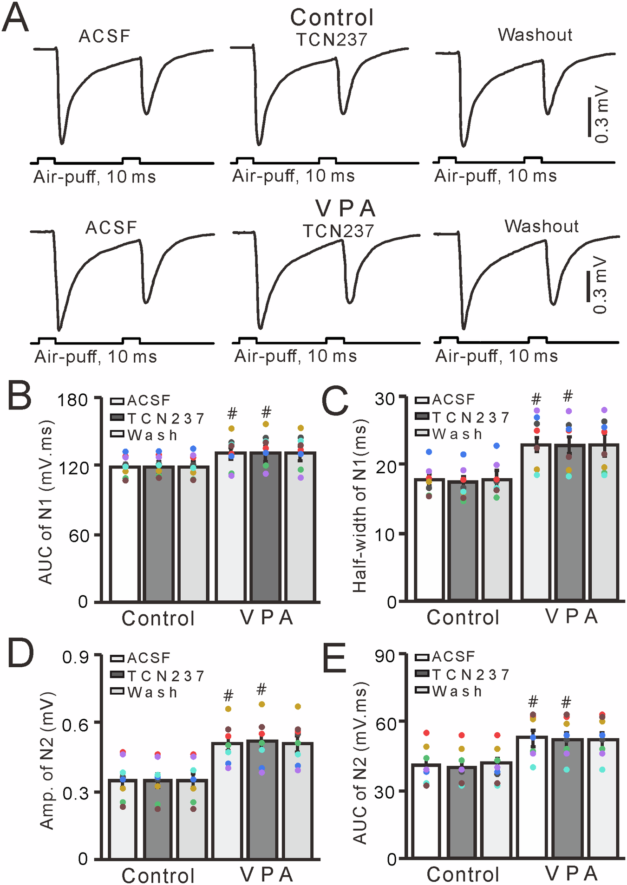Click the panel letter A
click(x=15, y=18)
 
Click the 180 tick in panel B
click(x=73, y=400)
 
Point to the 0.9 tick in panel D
click(x=76, y=657)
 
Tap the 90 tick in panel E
click(x=385, y=656)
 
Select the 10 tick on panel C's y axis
click(x=385, y=534)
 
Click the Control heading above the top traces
click(x=332, y=18)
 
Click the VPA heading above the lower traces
click(x=346, y=209)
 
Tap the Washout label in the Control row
click(x=535, y=35)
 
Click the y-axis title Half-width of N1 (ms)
click(x=360, y=506)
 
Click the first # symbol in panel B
click(x=232, y=413)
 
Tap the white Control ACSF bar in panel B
click(x=125, y=534)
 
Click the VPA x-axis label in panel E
click(x=572, y=873)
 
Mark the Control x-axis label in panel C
click(x=463, y=617)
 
